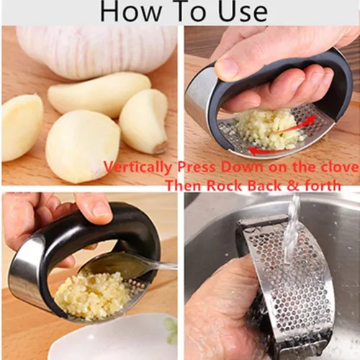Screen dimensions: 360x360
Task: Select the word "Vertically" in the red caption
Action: tap(138, 167)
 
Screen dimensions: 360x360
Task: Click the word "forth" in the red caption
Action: tap(323, 185)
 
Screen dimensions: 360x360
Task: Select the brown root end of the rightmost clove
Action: tap(161, 146)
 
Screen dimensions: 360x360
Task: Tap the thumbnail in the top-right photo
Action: tap(228, 66)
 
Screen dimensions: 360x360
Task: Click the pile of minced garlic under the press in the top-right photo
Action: tap(265, 127)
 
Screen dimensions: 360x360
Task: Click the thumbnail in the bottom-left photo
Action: tap(102, 208)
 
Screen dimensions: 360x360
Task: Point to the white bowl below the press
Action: tap(113, 338)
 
